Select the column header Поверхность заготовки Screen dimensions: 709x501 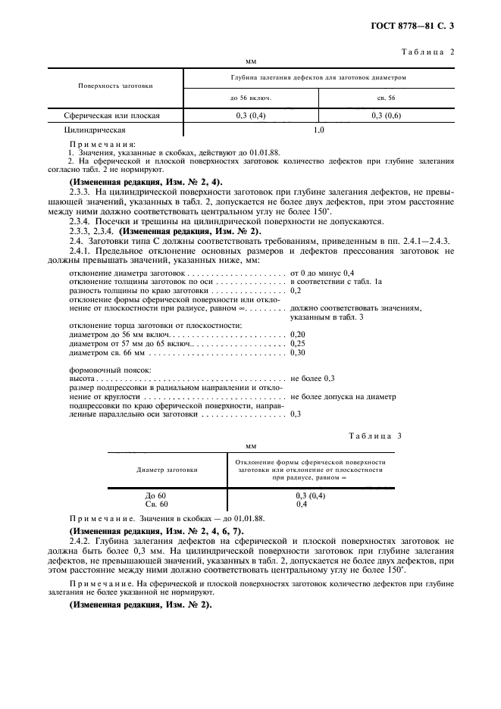(x=116, y=86)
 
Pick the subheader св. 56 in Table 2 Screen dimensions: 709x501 (x=387, y=98)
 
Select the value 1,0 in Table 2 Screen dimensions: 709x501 (x=319, y=130)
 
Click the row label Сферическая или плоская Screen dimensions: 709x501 (x=112, y=116)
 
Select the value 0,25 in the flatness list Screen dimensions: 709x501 (x=298, y=342)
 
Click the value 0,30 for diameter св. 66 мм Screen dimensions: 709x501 (x=298, y=352)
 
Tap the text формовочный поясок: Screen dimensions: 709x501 (x=109, y=369)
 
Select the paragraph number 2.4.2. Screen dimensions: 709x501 (x=82, y=542)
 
